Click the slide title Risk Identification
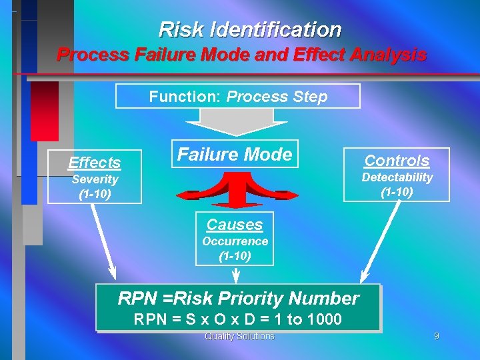coord(249,30)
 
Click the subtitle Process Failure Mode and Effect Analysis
coord(241,55)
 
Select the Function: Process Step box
coord(238,97)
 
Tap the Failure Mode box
coord(234,155)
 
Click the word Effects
coord(95,163)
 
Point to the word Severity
coord(95,179)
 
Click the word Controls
coord(397,161)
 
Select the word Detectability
coord(397,177)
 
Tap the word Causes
coord(235,225)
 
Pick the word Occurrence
coord(235,241)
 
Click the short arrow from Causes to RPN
coord(235,275)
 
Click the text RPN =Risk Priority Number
coord(238,299)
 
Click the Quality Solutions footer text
coord(239,337)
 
